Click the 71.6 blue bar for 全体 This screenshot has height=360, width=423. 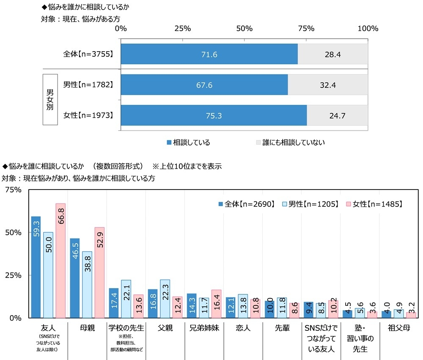[209, 55]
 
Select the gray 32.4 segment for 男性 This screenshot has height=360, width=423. [328, 85]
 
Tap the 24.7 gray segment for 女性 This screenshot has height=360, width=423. [337, 115]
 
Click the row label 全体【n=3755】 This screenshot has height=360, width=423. [88, 55]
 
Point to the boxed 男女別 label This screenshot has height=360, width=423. [50, 100]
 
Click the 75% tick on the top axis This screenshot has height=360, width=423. [306, 29]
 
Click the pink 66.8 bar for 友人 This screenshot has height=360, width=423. [60, 260]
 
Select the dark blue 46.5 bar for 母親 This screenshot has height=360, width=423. [74, 278]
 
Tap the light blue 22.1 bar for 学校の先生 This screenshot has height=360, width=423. [126, 299]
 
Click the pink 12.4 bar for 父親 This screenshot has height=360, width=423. [177, 307]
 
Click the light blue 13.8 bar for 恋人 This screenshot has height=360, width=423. [243, 306]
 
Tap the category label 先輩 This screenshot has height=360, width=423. [282, 328]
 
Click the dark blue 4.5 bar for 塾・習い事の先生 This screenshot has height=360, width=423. [347, 314]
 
